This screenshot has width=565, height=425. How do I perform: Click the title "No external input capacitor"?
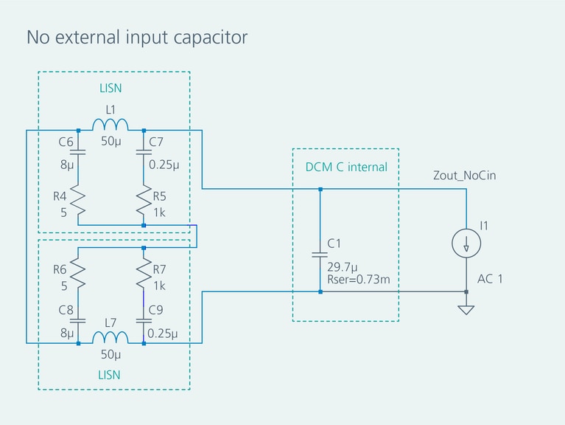(136, 37)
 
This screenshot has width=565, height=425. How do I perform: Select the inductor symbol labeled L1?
(110, 124)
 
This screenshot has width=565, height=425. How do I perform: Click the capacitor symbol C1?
(320, 254)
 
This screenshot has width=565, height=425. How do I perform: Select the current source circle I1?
(466, 243)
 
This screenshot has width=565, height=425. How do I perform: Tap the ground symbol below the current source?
(466, 310)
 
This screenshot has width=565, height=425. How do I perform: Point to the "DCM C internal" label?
(345, 167)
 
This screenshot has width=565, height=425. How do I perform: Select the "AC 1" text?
(490, 279)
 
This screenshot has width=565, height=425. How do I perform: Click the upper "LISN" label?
(110, 88)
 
